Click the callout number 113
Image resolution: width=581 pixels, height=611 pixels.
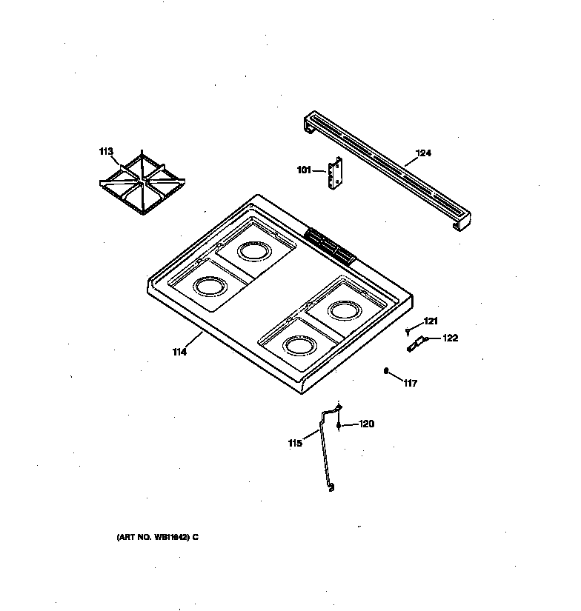[x=106, y=152]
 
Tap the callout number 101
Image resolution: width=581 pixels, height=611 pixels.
[x=305, y=170]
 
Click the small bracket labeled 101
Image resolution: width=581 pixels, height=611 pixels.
[x=336, y=176]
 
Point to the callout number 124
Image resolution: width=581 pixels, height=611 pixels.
[x=422, y=153]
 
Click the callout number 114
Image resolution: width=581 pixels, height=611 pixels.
[x=179, y=352]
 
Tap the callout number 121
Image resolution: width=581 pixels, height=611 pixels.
[x=431, y=321]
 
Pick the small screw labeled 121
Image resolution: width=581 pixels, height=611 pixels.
[x=408, y=330]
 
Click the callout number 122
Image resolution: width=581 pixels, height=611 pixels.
[x=450, y=338]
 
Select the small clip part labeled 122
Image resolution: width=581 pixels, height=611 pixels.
[x=416, y=343]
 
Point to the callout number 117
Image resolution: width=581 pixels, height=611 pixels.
[x=411, y=383]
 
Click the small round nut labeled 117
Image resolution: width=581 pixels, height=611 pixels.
[x=387, y=370]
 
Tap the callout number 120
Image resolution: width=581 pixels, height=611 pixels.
[x=366, y=424]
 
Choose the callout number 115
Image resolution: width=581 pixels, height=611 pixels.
[x=295, y=444]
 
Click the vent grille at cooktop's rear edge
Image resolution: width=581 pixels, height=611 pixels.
[x=329, y=244]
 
